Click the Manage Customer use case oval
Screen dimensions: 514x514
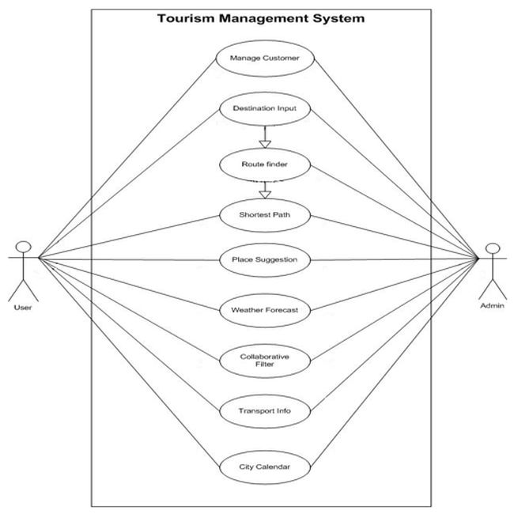[265, 58]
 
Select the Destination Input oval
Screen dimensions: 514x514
[265, 108]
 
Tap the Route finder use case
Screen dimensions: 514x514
[265, 164]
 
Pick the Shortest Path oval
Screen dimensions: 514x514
[265, 214]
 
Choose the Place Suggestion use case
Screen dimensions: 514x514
[265, 259]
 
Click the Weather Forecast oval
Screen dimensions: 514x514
[265, 310]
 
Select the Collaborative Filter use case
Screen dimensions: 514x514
[265, 361]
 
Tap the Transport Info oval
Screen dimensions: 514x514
[265, 411]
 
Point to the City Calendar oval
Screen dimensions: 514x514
[265, 467]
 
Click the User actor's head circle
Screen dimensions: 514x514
[24, 245]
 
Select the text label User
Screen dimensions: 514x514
[23, 307]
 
